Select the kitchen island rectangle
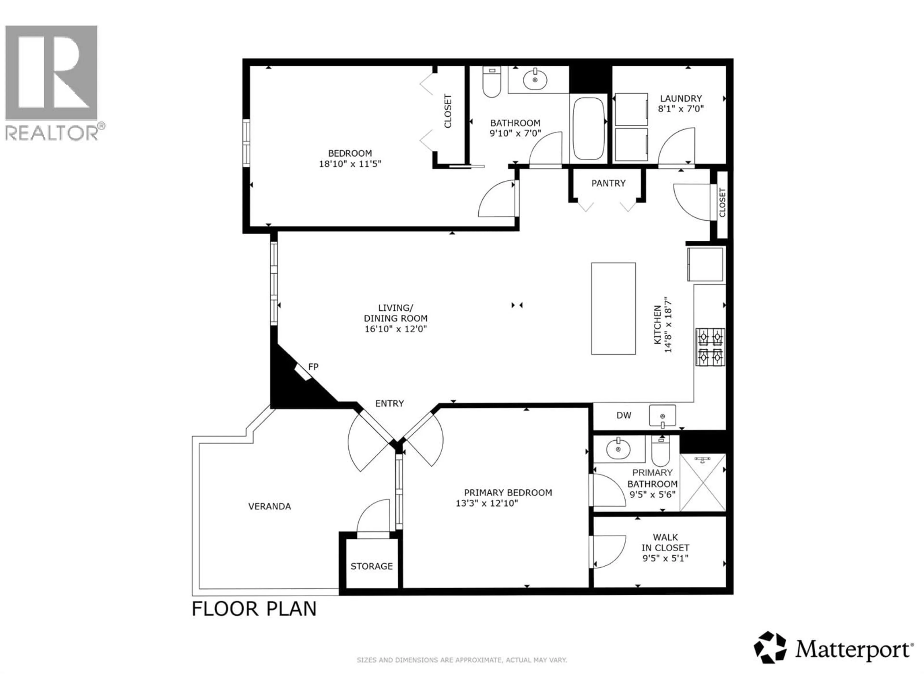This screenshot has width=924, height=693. pyautogui.click(x=613, y=308)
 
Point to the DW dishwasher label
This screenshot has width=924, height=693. pyautogui.click(x=624, y=415)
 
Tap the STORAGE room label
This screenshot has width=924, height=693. pyautogui.click(x=371, y=566)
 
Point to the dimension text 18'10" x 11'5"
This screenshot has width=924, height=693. pyautogui.click(x=350, y=164)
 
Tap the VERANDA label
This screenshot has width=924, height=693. pyautogui.click(x=269, y=506)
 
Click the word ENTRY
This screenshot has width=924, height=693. pyautogui.click(x=389, y=403)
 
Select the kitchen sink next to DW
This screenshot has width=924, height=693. pyautogui.click(x=662, y=415)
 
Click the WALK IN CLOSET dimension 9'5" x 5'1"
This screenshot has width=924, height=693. pyautogui.click(x=665, y=558)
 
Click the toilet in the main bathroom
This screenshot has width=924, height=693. pyautogui.click(x=492, y=82)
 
